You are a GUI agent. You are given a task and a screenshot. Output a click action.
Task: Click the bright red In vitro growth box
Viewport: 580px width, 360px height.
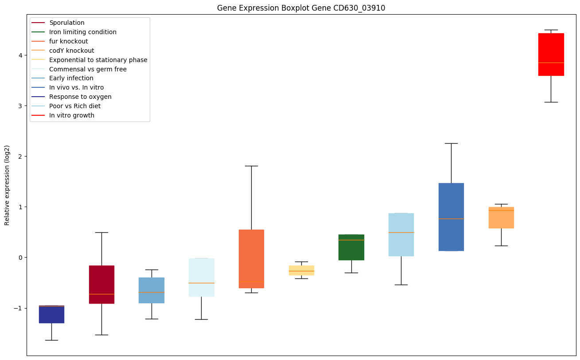tap(551, 54)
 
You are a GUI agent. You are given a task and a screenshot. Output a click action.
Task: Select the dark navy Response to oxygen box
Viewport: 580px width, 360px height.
tap(51, 314)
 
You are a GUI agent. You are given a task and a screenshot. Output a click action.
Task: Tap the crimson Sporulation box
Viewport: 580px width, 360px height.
tap(101, 284)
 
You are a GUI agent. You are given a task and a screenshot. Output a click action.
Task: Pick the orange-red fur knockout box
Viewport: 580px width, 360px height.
tap(251, 259)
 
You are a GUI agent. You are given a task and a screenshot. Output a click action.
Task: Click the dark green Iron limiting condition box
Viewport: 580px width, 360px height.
tap(351, 247)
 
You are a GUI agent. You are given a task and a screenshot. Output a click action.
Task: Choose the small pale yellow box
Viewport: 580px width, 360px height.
tap(301, 270)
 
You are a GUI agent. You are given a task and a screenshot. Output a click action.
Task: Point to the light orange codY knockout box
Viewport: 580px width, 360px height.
tap(501, 218)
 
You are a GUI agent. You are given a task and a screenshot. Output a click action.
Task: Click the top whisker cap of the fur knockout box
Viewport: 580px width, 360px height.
tap(251, 166)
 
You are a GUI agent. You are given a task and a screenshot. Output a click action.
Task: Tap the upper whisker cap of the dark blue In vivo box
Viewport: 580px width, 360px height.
tap(451, 143)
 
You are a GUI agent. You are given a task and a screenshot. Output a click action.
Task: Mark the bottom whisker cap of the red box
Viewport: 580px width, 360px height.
tap(551, 102)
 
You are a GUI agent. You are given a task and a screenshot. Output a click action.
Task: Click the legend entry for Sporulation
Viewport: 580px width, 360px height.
tap(67, 23)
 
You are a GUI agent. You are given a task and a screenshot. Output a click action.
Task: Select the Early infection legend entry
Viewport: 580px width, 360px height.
tap(71, 78)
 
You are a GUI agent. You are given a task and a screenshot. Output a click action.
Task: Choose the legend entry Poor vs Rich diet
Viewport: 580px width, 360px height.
tap(75, 106)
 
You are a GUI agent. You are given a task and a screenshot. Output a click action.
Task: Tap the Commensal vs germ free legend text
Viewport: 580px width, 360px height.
tap(88, 69)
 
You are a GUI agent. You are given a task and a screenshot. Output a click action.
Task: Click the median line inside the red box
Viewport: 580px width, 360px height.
tap(551, 63)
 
